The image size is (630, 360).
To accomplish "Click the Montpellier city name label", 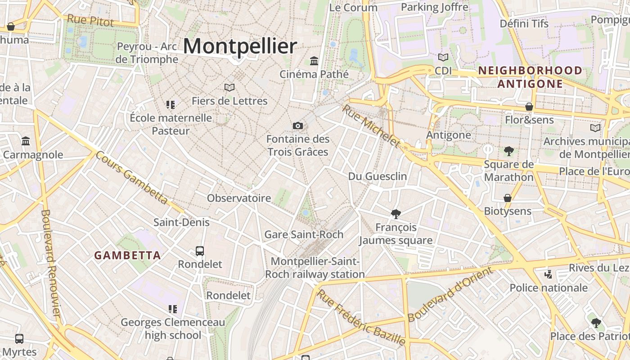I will [240, 46].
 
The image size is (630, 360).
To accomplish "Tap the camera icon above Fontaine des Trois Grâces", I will [297, 126].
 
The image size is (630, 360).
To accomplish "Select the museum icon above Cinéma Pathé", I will [314, 61].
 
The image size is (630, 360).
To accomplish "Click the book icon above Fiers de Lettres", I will [229, 87].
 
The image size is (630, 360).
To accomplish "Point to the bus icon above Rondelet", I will [200, 251].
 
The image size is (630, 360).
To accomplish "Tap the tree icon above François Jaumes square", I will [396, 214].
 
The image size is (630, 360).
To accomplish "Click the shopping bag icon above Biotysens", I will [508, 198].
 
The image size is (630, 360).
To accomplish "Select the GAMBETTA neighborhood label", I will [127, 256].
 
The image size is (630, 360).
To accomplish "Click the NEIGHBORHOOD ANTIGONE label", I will [530, 77].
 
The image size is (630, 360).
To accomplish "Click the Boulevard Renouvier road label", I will [50, 263].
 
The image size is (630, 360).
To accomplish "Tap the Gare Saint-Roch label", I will [304, 234].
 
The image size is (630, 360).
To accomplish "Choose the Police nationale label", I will [549, 288].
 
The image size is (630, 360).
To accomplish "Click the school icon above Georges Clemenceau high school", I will [173, 309].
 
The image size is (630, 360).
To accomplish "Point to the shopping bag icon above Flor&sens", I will [529, 107].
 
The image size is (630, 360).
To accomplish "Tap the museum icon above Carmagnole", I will [26, 141].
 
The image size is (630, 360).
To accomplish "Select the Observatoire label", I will [239, 198].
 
